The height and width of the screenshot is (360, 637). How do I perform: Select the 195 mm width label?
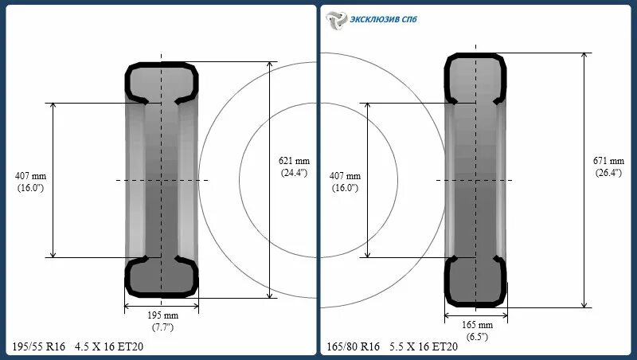(162, 314)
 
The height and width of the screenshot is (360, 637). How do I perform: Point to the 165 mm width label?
(478, 325)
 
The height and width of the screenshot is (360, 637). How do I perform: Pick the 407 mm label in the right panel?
(345, 175)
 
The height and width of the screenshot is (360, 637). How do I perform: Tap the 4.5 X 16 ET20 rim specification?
(110, 346)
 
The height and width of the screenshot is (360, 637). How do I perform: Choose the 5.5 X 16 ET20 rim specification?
(424, 346)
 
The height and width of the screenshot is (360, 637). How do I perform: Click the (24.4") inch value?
(292, 171)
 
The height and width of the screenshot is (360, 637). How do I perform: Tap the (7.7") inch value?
(162, 327)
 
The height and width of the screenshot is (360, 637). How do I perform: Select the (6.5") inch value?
(478, 337)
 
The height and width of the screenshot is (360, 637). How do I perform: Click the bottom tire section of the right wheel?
(476, 282)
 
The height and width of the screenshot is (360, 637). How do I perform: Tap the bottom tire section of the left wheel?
(162, 276)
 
